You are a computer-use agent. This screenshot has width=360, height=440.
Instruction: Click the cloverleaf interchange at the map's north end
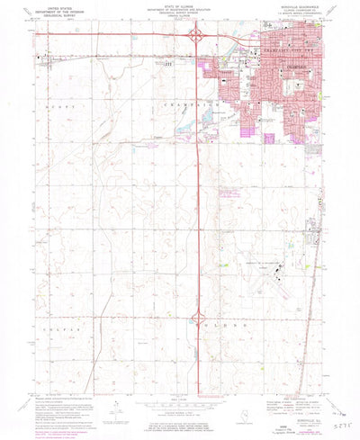click(195, 36)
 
